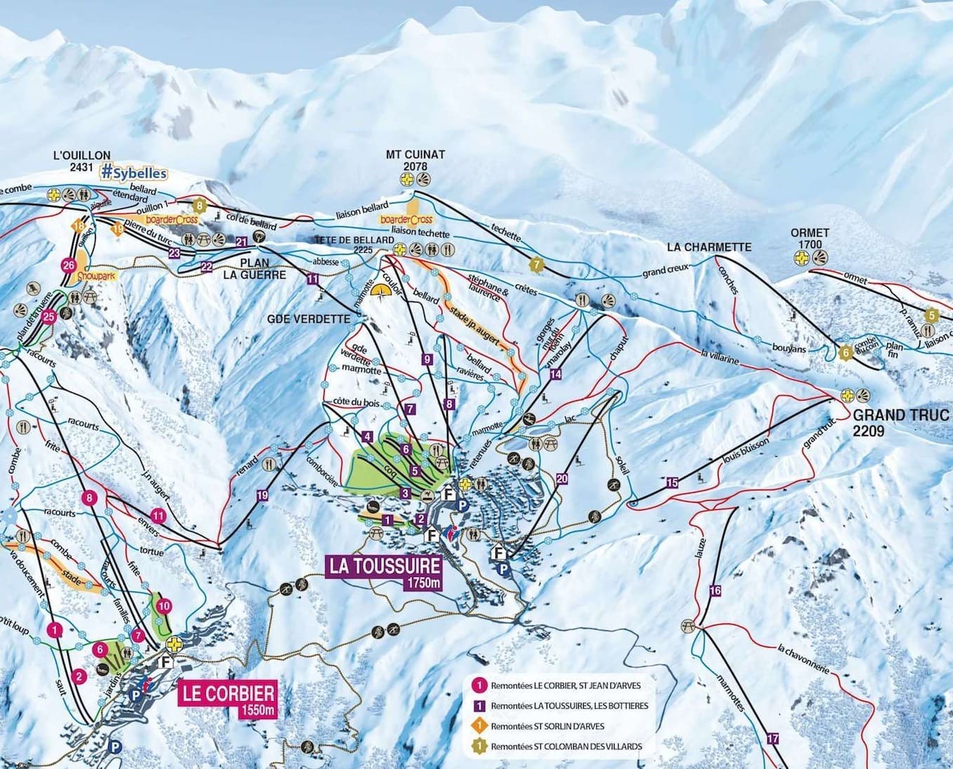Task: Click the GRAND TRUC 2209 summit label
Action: tap(903, 422)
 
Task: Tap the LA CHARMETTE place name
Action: tap(708, 247)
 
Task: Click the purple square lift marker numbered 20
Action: tap(561, 479)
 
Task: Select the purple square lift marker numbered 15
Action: tap(672, 483)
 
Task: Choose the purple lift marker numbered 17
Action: tap(773, 738)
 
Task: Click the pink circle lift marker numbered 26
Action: tap(68, 265)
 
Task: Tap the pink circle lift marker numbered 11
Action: tap(158, 516)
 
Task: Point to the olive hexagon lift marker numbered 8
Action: tap(200, 205)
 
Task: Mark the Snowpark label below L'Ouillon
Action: tap(95, 277)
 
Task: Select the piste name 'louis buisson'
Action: tap(745, 452)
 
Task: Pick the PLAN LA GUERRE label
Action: tap(254, 269)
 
